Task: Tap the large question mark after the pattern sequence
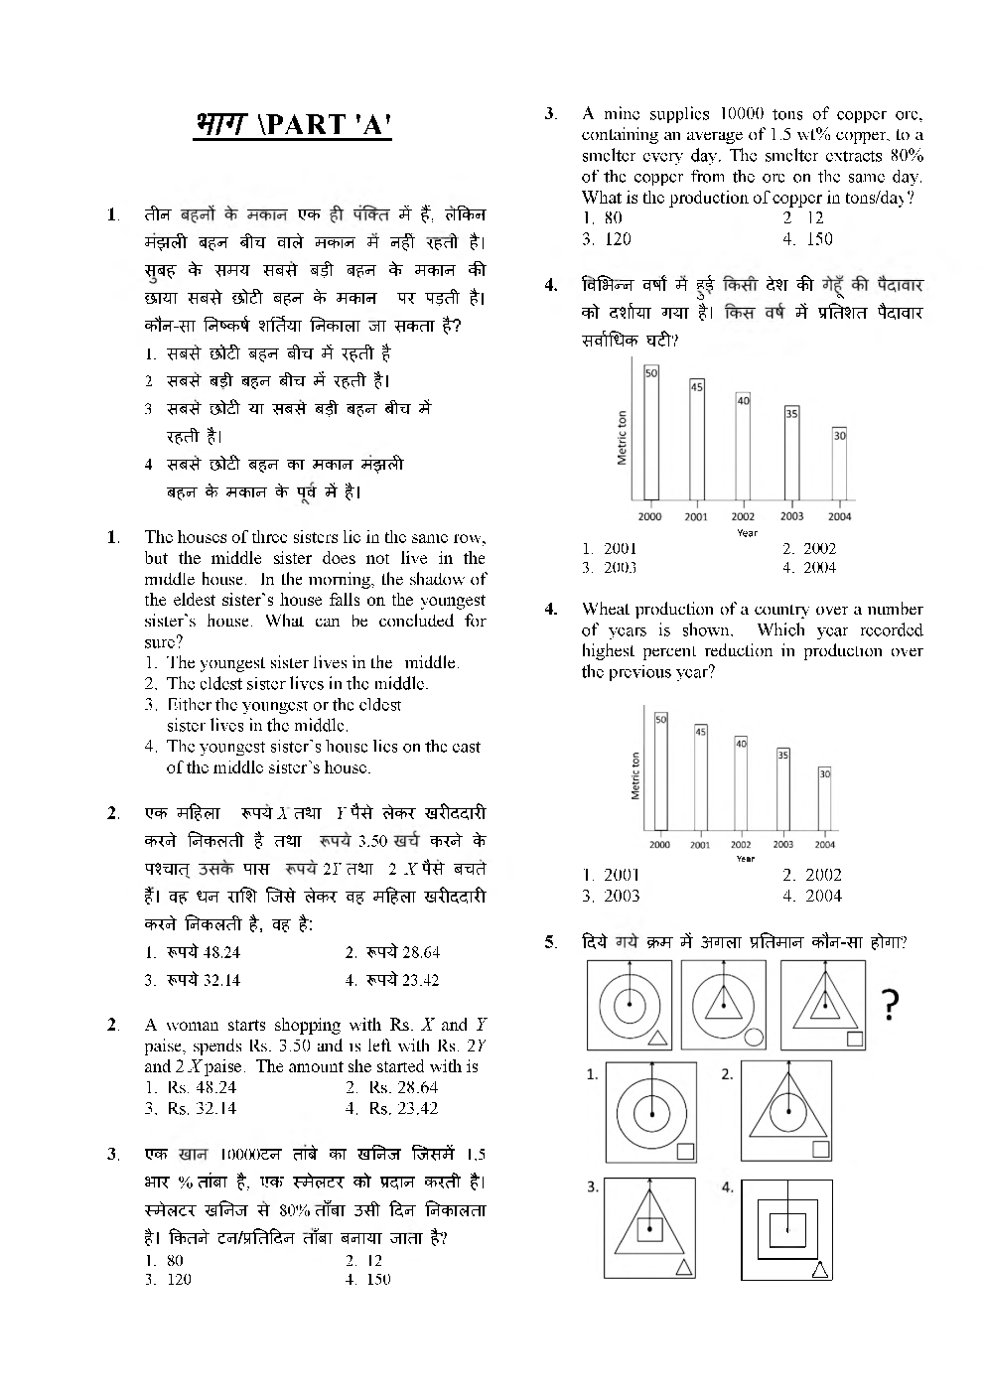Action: tap(891, 1007)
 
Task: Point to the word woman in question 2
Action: tap(194, 1025)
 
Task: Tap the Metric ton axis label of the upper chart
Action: tap(623, 438)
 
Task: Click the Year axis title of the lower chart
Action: tap(746, 859)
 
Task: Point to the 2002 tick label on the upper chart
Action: tap(743, 516)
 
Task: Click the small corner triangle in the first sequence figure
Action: tap(657, 1039)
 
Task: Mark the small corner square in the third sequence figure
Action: tap(854, 1039)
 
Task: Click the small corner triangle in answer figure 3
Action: tap(683, 1267)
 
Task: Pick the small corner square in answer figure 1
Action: tap(685, 1151)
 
